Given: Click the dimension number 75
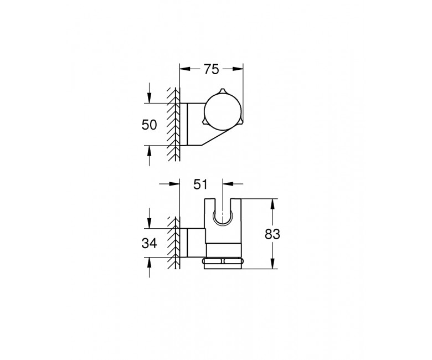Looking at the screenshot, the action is pos(212,69).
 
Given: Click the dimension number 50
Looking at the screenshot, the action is pos(149,125).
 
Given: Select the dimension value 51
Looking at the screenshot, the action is pos(200,184).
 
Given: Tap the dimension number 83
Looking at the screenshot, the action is pos(272,234).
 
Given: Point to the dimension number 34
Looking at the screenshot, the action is pos(149,244).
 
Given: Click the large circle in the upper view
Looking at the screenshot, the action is pos(223,113).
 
